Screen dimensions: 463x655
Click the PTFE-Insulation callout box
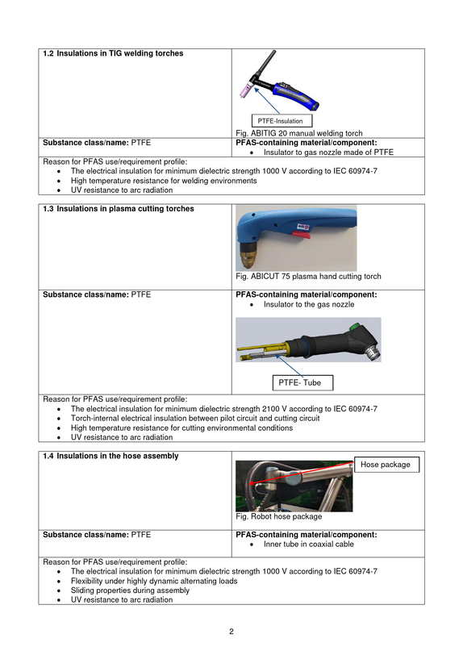282,121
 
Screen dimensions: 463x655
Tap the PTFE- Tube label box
302,382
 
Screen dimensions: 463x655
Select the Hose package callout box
386,465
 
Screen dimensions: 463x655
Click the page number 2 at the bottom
231,631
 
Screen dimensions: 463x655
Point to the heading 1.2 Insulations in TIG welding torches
113,53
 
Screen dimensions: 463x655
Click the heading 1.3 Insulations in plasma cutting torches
119,209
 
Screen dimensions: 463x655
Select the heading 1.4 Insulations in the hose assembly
111,457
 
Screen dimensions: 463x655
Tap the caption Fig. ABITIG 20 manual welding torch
299,133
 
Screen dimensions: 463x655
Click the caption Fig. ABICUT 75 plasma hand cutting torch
308,276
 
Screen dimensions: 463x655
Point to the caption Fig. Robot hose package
279,516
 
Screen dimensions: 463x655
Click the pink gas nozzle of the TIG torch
244,90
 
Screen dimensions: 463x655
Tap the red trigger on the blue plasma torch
301,236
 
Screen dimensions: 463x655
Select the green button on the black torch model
355,326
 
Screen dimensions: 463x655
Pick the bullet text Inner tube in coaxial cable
309,544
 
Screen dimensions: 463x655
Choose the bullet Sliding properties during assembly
130,590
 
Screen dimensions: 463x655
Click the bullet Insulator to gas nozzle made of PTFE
328,152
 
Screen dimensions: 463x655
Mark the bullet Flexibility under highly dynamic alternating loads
154,581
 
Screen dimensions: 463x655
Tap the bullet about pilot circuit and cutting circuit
195,418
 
